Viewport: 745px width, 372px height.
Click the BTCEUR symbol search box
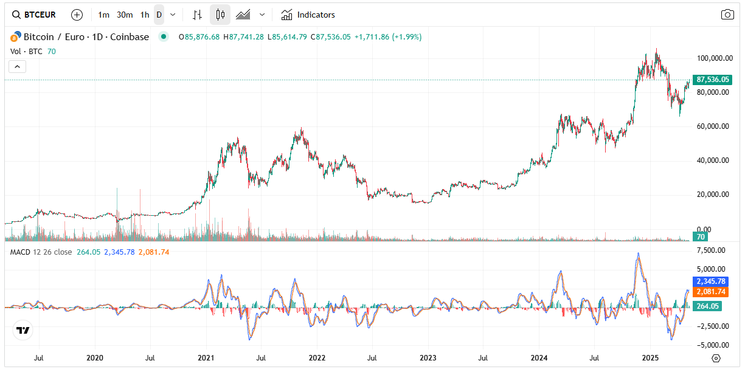[x=34, y=15]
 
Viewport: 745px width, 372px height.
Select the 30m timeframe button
[x=125, y=15]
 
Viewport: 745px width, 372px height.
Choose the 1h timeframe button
[x=145, y=15]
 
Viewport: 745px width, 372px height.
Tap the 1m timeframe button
[x=104, y=15]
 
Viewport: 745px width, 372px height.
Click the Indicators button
[x=308, y=15]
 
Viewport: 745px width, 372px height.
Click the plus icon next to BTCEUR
[x=77, y=15]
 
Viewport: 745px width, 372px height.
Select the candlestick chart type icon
[x=220, y=15]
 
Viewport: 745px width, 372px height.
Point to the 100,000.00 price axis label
[x=713, y=58]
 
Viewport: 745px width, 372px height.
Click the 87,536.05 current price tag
[x=712, y=80]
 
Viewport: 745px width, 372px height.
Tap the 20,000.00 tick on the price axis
[x=713, y=195]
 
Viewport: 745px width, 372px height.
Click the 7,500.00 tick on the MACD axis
[x=711, y=250]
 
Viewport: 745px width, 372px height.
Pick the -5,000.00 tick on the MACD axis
[x=710, y=345]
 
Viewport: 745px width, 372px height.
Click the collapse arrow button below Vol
[x=17, y=67]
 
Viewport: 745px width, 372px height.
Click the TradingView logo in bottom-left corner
[x=23, y=331]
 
